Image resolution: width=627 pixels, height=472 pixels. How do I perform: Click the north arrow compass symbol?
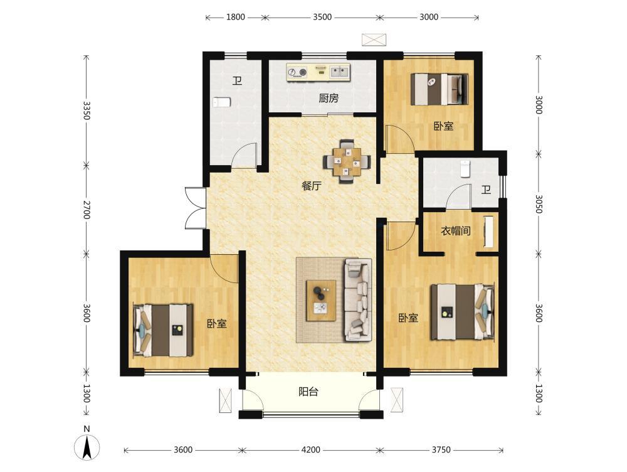tap(87, 444)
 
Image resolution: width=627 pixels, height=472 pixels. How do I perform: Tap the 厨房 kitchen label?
tap(329, 98)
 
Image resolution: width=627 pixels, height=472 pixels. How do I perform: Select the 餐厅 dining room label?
tap(311, 186)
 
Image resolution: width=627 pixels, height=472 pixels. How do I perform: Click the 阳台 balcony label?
tap(308, 392)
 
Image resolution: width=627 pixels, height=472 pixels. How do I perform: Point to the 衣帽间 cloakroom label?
tap(455, 231)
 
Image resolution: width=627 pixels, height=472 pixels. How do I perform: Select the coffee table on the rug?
tap(320, 301)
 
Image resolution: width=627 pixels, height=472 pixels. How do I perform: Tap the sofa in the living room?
tap(358, 300)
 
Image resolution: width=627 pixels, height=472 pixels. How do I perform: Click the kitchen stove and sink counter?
tap(319, 72)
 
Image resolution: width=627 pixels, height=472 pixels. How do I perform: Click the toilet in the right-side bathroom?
tap(465, 169)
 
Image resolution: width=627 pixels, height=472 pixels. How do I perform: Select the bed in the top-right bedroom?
tap(439, 89)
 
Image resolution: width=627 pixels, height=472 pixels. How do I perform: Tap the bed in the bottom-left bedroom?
tap(163, 330)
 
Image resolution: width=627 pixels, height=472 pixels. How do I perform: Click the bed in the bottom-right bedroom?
tap(462, 311)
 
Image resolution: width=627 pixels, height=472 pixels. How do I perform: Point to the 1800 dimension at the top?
tap(236, 17)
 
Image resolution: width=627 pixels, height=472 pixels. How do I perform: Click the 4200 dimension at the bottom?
tap(311, 450)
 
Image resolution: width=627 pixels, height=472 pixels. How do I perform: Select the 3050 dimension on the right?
tap(539, 204)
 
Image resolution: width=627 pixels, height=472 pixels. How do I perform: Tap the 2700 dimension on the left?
tap(86, 210)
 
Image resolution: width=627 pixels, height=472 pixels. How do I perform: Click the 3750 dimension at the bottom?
tap(441, 450)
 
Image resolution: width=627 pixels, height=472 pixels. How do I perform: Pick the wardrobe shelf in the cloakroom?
tap(488, 232)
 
